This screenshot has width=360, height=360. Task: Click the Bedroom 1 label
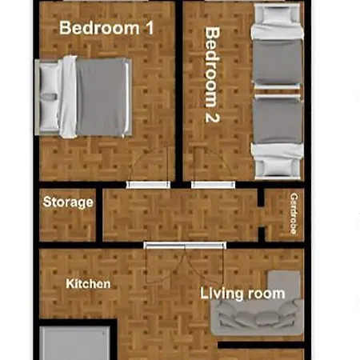coord(106,27)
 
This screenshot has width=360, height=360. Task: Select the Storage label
coord(68,202)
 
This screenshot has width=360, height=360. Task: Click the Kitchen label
coord(88,284)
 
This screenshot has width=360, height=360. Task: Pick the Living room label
coord(242,294)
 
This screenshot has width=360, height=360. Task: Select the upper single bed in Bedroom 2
coord(277,53)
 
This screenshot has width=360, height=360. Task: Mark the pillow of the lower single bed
coord(277,163)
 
